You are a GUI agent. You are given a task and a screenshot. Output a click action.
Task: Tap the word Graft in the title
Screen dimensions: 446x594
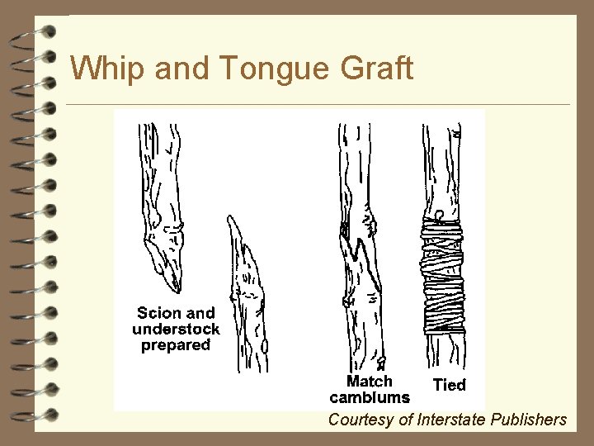pos(375,69)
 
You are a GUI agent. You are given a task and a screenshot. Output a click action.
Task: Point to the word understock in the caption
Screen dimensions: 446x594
pos(176,329)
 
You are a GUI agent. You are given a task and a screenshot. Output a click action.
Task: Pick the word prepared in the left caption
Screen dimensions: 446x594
pos(176,345)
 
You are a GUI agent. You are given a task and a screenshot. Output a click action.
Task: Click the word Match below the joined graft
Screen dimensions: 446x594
pos(369,382)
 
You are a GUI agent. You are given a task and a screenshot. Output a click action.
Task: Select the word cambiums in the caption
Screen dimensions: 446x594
pos(369,397)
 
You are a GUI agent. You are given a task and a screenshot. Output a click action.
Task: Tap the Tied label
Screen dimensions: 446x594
pos(450,385)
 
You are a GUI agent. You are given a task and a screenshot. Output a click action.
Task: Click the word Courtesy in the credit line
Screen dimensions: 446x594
pos(360,420)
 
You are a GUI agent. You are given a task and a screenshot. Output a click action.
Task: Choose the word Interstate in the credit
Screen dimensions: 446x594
pos(446,420)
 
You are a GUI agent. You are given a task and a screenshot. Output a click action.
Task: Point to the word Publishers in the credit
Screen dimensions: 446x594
pos(527,420)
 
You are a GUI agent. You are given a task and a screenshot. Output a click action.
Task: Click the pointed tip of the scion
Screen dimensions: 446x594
pos(176,289)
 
